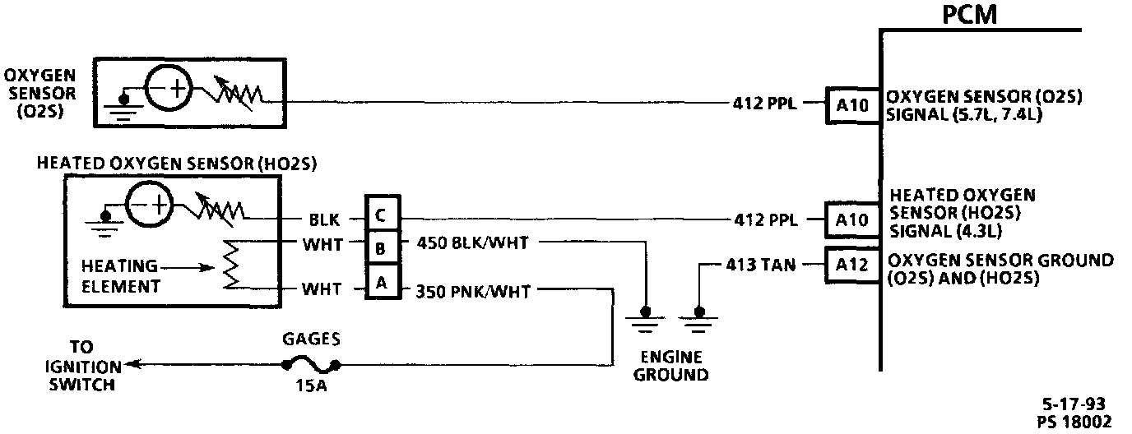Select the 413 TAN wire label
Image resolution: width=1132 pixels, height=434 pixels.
coord(758,265)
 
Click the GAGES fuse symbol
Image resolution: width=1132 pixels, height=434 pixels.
coord(312,367)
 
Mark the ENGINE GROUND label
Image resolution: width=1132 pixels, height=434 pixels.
coord(672,367)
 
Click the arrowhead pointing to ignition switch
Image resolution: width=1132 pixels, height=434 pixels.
coord(135,364)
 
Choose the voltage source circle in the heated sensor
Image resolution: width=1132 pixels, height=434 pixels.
coord(148,205)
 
